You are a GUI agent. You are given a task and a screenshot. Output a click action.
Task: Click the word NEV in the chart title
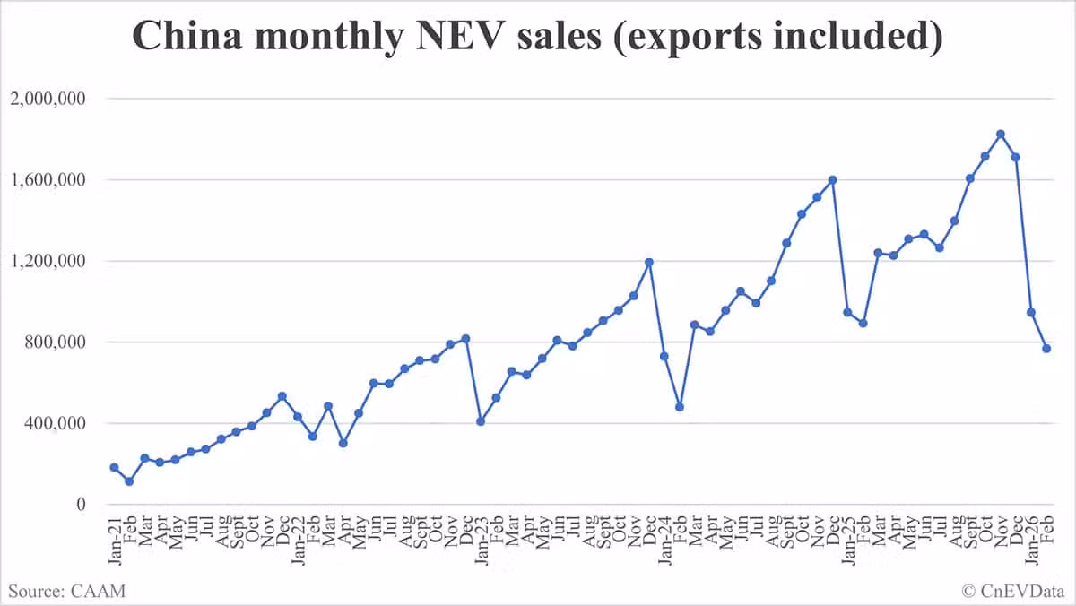click(461, 36)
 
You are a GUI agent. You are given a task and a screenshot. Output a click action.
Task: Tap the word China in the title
click(187, 36)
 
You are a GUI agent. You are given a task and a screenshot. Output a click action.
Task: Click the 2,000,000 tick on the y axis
click(48, 99)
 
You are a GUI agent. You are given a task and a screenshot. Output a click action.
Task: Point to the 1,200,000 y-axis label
click(48, 261)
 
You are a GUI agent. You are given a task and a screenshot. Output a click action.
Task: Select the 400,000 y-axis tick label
click(55, 423)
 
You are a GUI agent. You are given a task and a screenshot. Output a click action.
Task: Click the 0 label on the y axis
click(81, 504)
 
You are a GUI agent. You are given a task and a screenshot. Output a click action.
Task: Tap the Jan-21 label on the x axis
click(115, 541)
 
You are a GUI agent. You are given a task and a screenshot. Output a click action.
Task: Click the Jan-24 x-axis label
click(664, 541)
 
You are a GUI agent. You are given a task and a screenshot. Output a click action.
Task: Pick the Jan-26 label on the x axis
click(1031, 541)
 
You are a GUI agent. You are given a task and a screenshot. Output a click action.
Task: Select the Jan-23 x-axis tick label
click(482, 541)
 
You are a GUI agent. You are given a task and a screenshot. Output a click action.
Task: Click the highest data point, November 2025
click(1001, 134)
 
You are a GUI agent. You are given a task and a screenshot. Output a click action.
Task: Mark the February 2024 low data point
click(680, 407)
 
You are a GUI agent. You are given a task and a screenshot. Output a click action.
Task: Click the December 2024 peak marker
click(833, 180)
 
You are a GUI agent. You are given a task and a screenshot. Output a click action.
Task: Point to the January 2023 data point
click(481, 421)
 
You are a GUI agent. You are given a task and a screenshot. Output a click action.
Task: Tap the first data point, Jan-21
click(115, 468)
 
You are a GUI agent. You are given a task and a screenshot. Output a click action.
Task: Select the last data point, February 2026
click(1046, 349)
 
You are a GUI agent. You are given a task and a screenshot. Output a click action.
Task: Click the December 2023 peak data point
click(649, 262)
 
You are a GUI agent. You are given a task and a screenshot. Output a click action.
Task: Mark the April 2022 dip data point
click(343, 443)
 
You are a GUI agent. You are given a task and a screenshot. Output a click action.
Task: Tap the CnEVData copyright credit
click(1013, 591)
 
